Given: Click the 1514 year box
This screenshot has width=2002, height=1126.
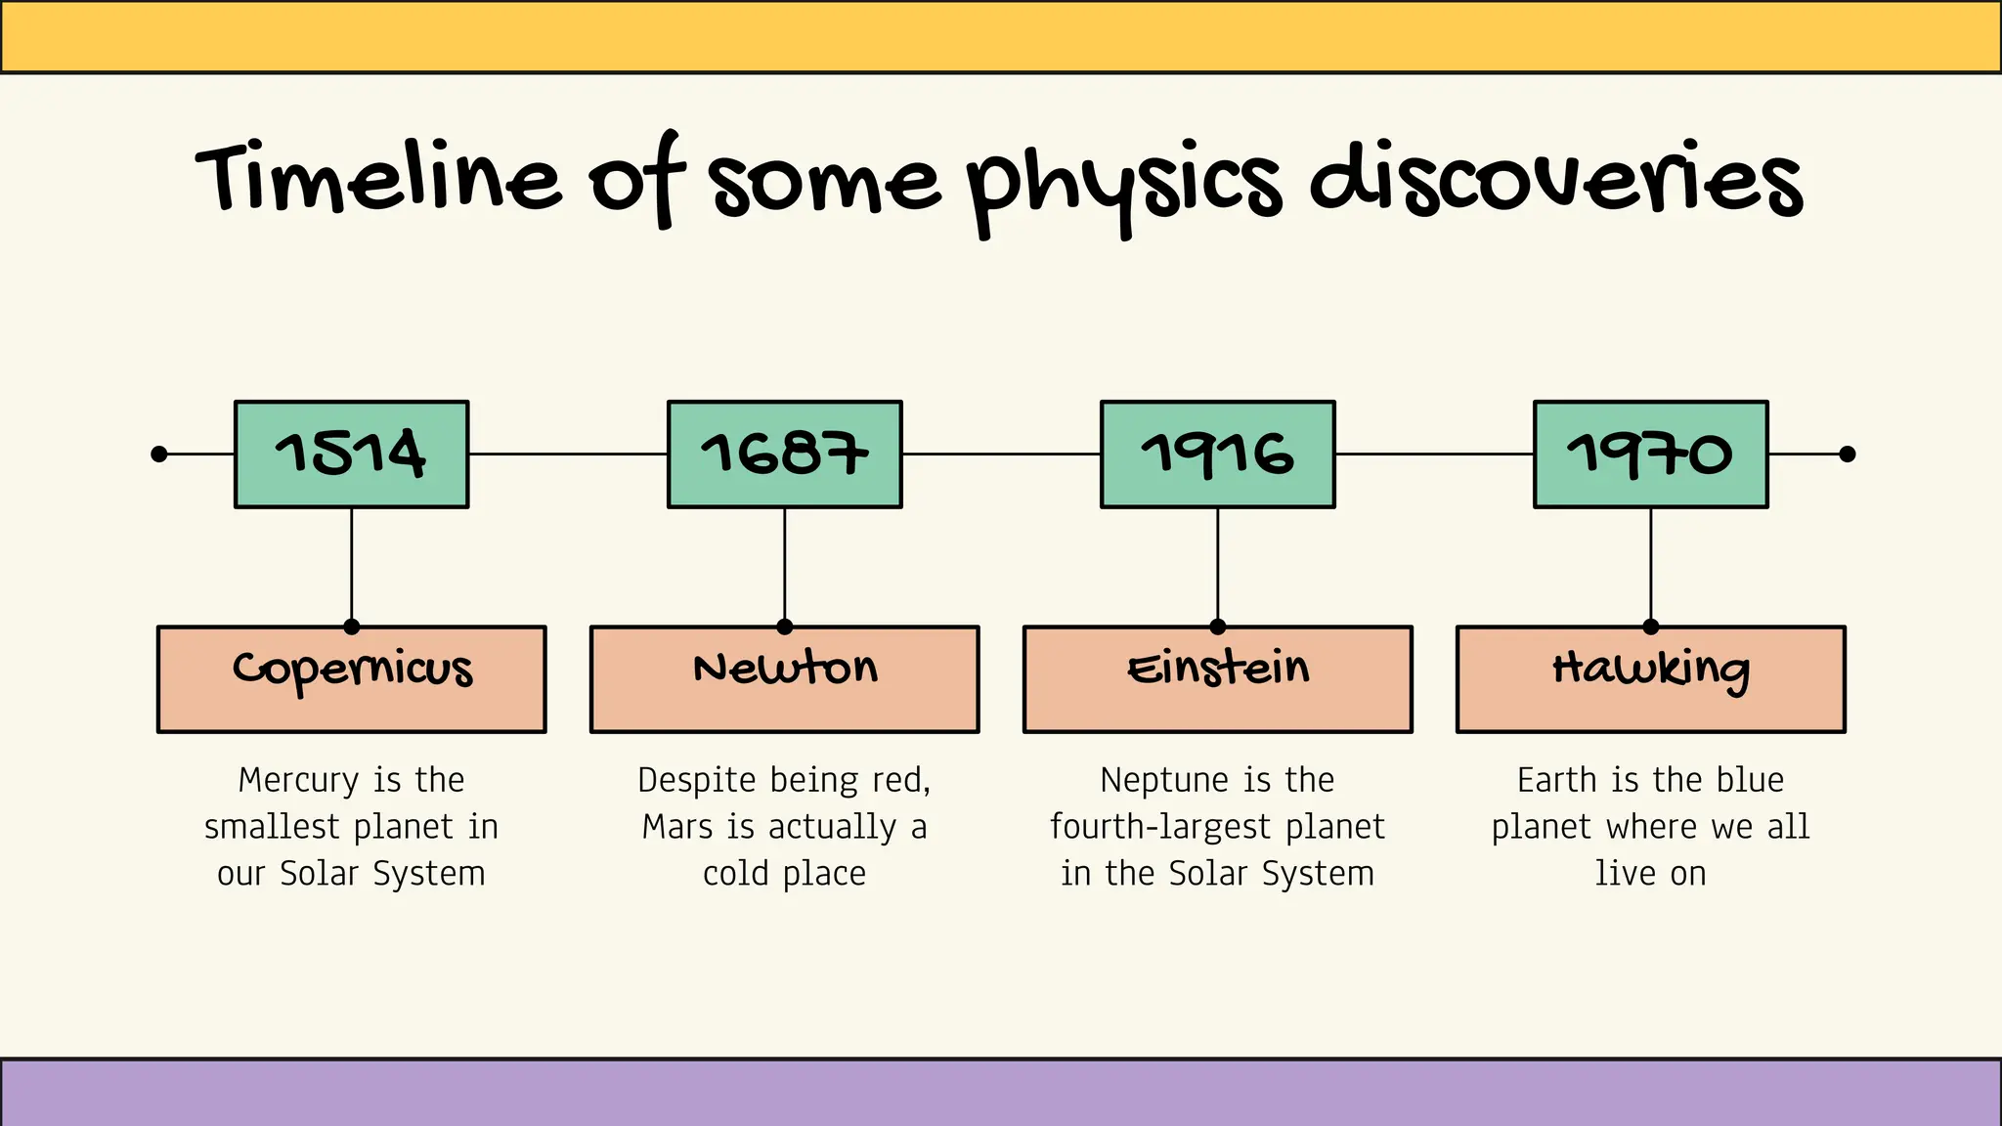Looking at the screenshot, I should pos(351,454).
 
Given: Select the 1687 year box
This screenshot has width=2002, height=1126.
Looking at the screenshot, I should pos(784,454).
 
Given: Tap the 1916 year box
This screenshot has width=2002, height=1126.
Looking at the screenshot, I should pos(1217,454).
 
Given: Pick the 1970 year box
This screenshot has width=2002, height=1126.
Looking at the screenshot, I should pos(1650,454).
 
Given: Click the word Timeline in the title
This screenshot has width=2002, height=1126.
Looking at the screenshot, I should pos(379,178).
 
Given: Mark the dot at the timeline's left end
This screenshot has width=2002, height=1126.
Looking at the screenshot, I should pos(159,454).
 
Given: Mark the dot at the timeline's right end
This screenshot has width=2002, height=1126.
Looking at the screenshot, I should pos(1847,454).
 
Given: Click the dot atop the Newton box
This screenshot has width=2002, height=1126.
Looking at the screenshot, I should pos(784,627).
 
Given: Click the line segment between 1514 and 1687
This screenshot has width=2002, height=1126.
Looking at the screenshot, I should pos(568,454).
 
